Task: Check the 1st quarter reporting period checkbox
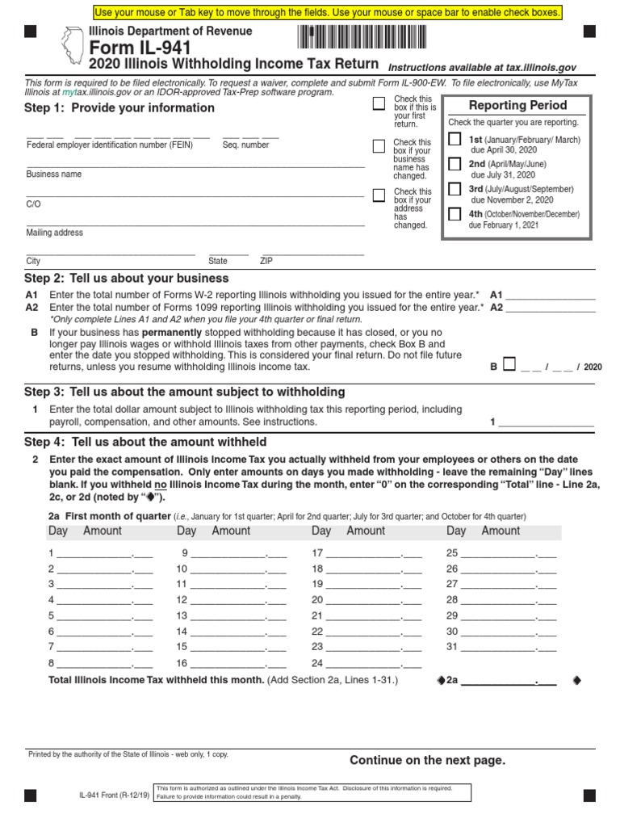coord(455,139)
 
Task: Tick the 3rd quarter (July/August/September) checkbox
coord(455,188)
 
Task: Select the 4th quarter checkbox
coord(455,214)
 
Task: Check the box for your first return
coord(379,103)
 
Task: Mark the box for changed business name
coord(379,146)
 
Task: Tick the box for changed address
coord(379,195)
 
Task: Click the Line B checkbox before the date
coord(509,364)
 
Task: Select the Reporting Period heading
coord(517,106)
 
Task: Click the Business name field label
coord(54,174)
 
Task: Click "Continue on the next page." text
coord(427,760)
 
